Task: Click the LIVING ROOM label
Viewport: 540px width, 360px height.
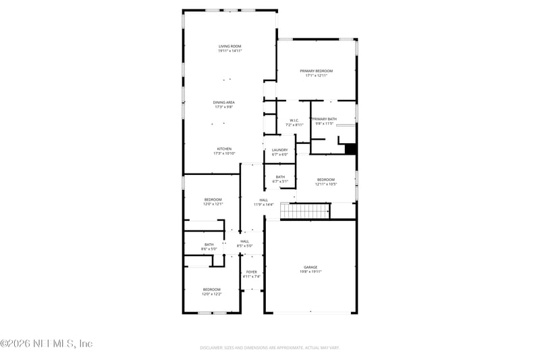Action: (230, 46)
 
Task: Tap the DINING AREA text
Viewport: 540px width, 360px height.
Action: (224, 102)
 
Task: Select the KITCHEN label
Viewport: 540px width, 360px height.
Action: (224, 149)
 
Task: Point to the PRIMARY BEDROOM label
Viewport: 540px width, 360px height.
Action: (317, 70)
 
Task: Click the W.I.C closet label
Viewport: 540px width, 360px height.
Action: (294, 120)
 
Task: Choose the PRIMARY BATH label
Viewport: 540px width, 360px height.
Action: (324, 119)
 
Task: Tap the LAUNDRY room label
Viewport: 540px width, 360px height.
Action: (279, 150)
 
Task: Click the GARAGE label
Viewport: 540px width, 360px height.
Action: (310, 267)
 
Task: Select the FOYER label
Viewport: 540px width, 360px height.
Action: (251, 272)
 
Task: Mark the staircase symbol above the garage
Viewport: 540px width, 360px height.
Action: (304, 211)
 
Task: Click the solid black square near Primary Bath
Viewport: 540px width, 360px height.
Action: (350, 149)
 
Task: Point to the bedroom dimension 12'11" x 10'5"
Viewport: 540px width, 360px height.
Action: (326, 184)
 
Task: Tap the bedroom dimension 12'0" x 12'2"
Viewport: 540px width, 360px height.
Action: (212, 294)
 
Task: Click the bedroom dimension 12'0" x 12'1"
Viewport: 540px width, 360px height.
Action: (213, 204)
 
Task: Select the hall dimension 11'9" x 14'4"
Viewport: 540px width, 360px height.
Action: (263, 204)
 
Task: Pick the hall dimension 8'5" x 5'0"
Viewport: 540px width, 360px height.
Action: (244, 246)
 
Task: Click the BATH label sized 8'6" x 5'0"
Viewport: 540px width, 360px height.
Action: (209, 245)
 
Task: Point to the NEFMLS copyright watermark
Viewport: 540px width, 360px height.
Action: (46, 344)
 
